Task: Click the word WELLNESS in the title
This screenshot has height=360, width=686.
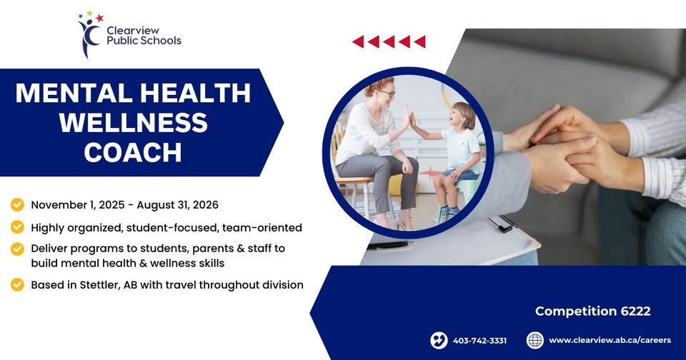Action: pyautogui.click(x=134, y=122)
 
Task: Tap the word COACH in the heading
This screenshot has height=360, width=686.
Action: pyautogui.click(x=133, y=152)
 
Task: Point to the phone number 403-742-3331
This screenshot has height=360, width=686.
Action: pyautogui.click(x=479, y=340)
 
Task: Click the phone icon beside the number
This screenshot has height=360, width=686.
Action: pyautogui.click(x=439, y=340)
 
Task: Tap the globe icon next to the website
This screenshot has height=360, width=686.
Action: pyautogui.click(x=535, y=340)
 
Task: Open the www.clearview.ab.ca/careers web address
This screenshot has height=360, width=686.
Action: pyautogui.click(x=610, y=340)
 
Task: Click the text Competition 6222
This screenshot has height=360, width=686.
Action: pyautogui.click(x=593, y=311)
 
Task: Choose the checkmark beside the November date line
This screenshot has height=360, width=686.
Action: pyautogui.click(x=17, y=204)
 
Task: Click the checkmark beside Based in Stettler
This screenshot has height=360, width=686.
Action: pyautogui.click(x=17, y=285)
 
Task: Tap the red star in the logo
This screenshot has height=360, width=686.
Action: pyautogui.click(x=100, y=18)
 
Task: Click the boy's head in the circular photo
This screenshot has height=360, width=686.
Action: pyautogui.click(x=463, y=115)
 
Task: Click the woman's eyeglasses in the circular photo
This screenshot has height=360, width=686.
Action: pyautogui.click(x=387, y=93)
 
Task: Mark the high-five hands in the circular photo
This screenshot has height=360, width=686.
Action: pyautogui.click(x=409, y=117)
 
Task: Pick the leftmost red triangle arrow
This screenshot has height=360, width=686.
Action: pyautogui.click(x=358, y=42)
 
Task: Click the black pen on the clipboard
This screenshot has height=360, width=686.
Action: pyautogui.click(x=390, y=246)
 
